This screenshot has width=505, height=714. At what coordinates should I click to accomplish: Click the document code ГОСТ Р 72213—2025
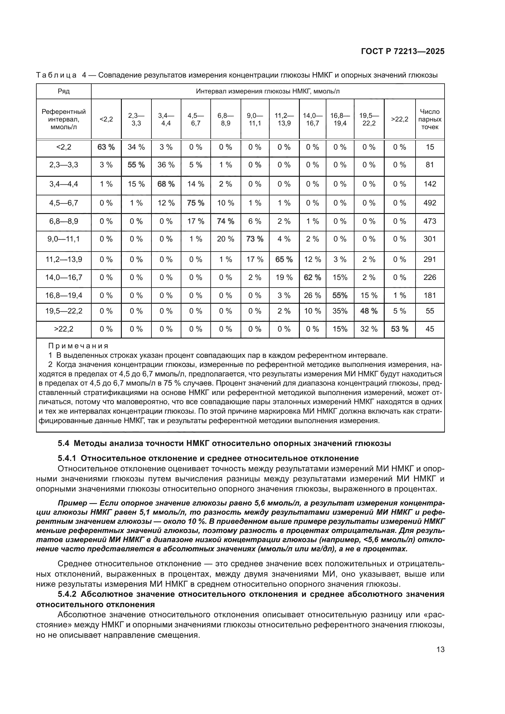[403, 52]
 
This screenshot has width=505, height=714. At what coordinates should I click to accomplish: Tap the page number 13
[440, 649]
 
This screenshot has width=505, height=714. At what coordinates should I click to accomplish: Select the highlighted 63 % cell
[106, 147]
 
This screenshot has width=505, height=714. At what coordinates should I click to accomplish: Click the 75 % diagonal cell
[196, 203]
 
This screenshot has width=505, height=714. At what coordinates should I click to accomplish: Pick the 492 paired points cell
[430, 203]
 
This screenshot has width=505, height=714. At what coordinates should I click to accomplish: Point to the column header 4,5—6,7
[196, 119]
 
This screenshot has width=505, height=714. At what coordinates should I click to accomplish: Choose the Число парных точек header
[430, 119]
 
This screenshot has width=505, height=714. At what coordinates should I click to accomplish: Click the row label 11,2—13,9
[64, 259]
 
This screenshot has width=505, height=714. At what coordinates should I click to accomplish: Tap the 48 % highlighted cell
[369, 311]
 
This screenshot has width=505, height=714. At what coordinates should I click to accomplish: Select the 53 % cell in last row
[400, 329]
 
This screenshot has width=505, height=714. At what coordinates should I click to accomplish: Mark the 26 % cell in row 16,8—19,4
[312, 295]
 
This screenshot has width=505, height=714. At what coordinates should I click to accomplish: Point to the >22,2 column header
[400, 119]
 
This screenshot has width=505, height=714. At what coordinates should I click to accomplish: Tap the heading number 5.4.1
[69, 458]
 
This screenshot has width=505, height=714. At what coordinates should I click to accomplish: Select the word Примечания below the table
[78, 346]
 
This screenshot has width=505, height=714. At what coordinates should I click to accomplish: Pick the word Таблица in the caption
[56, 75]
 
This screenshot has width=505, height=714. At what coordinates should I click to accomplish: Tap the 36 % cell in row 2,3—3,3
[166, 165]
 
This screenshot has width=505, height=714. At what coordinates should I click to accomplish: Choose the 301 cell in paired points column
[430, 239]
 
